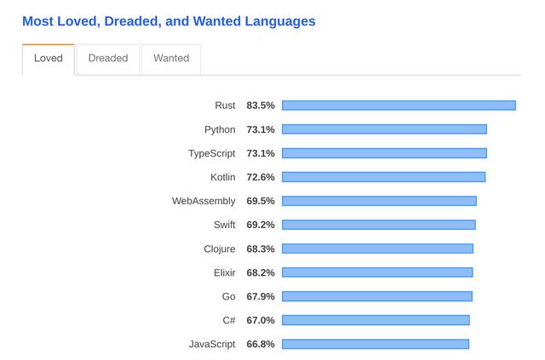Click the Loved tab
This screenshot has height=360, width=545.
pyautogui.click(x=49, y=59)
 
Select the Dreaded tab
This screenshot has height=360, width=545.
pyautogui.click(x=108, y=59)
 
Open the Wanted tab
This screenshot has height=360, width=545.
pyautogui.click(x=171, y=59)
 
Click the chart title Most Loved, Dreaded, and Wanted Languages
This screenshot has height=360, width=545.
pyautogui.click(x=169, y=21)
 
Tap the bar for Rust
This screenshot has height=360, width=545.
pyautogui.click(x=399, y=106)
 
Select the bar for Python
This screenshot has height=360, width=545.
pyautogui.click(x=384, y=129)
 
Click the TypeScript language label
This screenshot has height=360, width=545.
pyautogui.click(x=212, y=153)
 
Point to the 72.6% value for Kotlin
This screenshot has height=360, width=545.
pyautogui.click(x=261, y=177)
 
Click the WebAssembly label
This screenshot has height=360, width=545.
pyautogui.click(x=204, y=201)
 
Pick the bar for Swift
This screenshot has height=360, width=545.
pyautogui.click(x=379, y=225)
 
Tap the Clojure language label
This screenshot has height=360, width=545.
pyautogui.click(x=220, y=249)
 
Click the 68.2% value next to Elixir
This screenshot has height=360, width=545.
pyautogui.click(x=261, y=273)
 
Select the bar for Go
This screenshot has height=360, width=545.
pyautogui.click(x=377, y=296)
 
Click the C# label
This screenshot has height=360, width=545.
pyautogui.click(x=229, y=320)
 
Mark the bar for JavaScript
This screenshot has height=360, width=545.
pyautogui.click(x=376, y=344)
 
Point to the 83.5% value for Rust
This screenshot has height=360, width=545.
pyautogui.click(x=261, y=106)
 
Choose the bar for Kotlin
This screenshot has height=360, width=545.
pyautogui.click(x=384, y=177)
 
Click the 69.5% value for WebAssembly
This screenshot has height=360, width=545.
pyautogui.click(x=261, y=201)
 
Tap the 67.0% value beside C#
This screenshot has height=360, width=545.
pyautogui.click(x=261, y=320)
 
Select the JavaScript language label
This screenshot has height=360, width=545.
pyautogui.click(x=212, y=344)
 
